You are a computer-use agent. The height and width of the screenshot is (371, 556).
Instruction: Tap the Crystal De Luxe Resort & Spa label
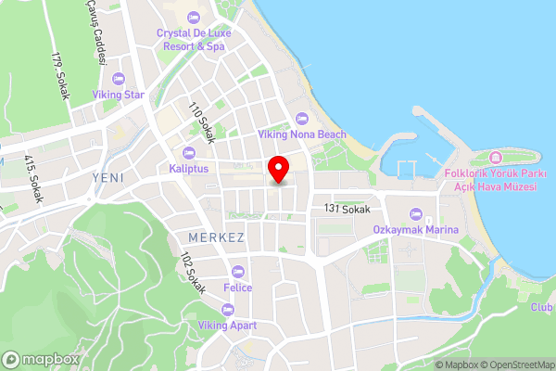(x=193, y=38)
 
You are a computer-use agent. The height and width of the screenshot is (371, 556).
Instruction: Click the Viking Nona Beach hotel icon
(x=302, y=118)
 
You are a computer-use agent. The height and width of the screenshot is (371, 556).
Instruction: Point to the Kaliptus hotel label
(x=188, y=168)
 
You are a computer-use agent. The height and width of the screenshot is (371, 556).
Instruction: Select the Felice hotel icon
(x=238, y=272)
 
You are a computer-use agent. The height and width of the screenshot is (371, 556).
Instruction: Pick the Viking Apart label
(x=228, y=326)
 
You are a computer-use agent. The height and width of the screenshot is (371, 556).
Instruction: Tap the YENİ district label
(x=107, y=176)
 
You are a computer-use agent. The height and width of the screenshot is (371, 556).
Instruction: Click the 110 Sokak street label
(x=201, y=123)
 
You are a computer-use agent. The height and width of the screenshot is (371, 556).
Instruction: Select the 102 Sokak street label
(x=193, y=271)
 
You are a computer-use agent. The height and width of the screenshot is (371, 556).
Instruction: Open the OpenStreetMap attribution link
(x=512, y=364)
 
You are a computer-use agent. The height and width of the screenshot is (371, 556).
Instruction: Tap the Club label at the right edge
(x=542, y=307)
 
